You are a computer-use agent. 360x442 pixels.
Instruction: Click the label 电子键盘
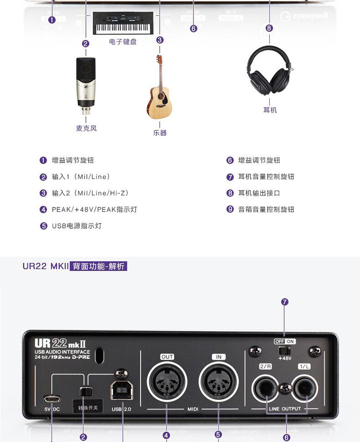click(x=123, y=42)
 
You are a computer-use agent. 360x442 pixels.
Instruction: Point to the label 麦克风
click(x=86, y=128)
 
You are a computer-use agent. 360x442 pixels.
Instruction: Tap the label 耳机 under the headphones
click(x=270, y=110)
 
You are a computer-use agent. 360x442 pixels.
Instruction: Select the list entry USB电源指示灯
click(x=77, y=226)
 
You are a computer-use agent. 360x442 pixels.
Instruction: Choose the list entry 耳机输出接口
click(x=259, y=193)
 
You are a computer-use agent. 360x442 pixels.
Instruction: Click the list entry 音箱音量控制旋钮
click(x=266, y=209)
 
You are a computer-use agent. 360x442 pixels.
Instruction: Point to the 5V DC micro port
click(x=51, y=398)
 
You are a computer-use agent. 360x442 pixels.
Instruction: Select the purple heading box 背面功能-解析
click(x=98, y=265)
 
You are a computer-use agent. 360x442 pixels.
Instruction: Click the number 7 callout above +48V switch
click(x=285, y=302)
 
